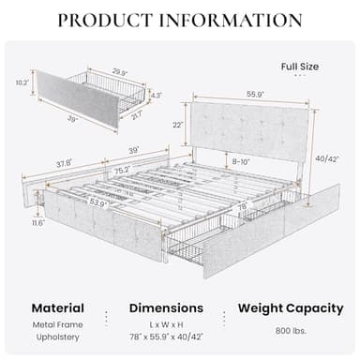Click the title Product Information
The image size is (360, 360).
click(x=179, y=21)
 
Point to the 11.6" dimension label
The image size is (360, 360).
click(x=38, y=224)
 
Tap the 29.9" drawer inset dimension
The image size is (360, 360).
click(x=119, y=71)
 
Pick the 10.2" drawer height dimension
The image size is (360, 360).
click(x=22, y=82)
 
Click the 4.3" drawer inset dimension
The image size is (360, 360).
click(x=156, y=95)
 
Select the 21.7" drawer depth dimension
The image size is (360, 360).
click(x=136, y=114)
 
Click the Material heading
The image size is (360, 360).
click(x=57, y=307)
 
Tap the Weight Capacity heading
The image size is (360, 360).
click(x=291, y=307)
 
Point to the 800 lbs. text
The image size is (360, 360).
click(x=290, y=332)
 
